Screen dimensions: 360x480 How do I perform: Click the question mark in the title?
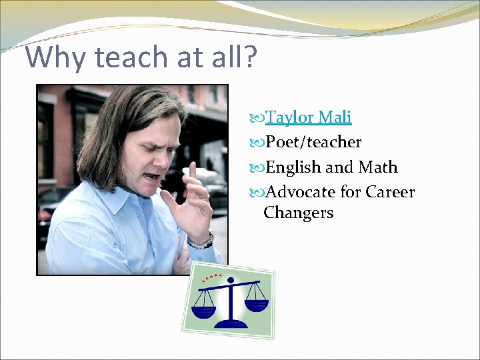tap(248, 57)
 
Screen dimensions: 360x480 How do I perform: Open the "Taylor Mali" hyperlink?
tap(308, 117)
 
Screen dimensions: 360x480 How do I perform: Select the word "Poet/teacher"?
tap(313, 142)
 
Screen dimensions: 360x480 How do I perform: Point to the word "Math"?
tap(377, 167)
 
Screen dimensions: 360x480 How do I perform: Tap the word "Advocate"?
tap(301, 192)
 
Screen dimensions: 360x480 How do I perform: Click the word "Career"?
tap(390, 192)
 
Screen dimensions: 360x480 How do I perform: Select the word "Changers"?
tap(298, 213)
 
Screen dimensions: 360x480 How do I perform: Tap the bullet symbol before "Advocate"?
tap(259, 193)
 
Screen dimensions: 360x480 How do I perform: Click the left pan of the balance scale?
tap(204, 311)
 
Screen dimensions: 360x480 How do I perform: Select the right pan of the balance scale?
tap(256, 305)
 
